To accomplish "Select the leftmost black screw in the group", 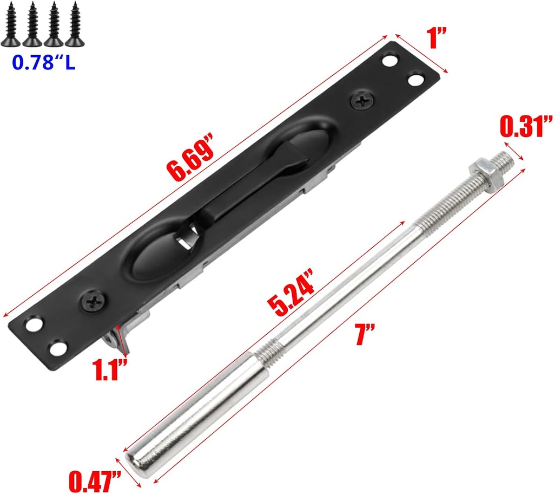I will (x=11, y=23).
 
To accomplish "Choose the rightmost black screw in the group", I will (x=72, y=23).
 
